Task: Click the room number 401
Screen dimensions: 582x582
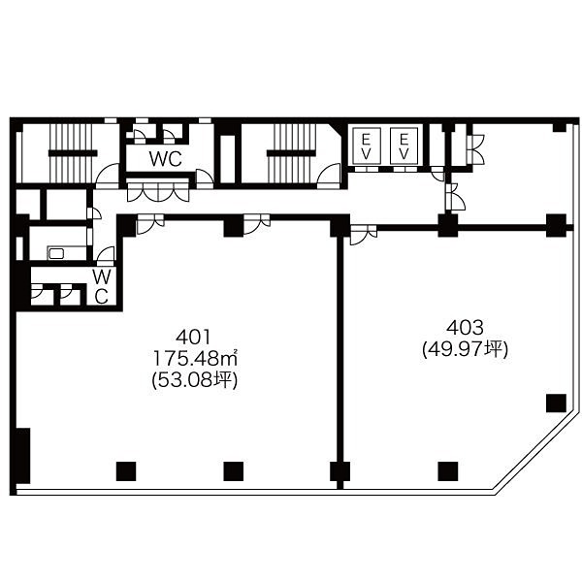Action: (193, 338)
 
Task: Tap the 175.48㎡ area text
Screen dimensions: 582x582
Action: (195, 359)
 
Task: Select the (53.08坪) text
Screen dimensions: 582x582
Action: (195, 380)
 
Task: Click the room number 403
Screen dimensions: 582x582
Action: (465, 328)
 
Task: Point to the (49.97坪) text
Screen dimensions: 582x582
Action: (465, 349)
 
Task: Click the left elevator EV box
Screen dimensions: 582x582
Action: (367, 145)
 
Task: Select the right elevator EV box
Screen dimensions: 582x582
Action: (404, 145)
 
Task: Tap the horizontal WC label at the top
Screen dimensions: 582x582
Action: (166, 159)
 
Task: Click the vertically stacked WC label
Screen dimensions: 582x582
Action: (101, 286)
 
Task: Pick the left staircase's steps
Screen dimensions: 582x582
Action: (71, 153)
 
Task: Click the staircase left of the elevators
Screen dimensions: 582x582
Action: (291, 153)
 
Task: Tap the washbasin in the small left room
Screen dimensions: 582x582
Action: (56, 254)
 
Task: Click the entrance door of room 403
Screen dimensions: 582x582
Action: (364, 235)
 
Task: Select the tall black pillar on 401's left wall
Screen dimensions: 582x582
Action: (23, 456)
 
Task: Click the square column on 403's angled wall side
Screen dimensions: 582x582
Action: (556, 404)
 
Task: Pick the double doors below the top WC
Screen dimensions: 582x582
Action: (158, 193)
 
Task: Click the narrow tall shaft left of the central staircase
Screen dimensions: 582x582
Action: (228, 158)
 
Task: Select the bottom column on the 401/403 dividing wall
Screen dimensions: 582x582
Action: (340, 471)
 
